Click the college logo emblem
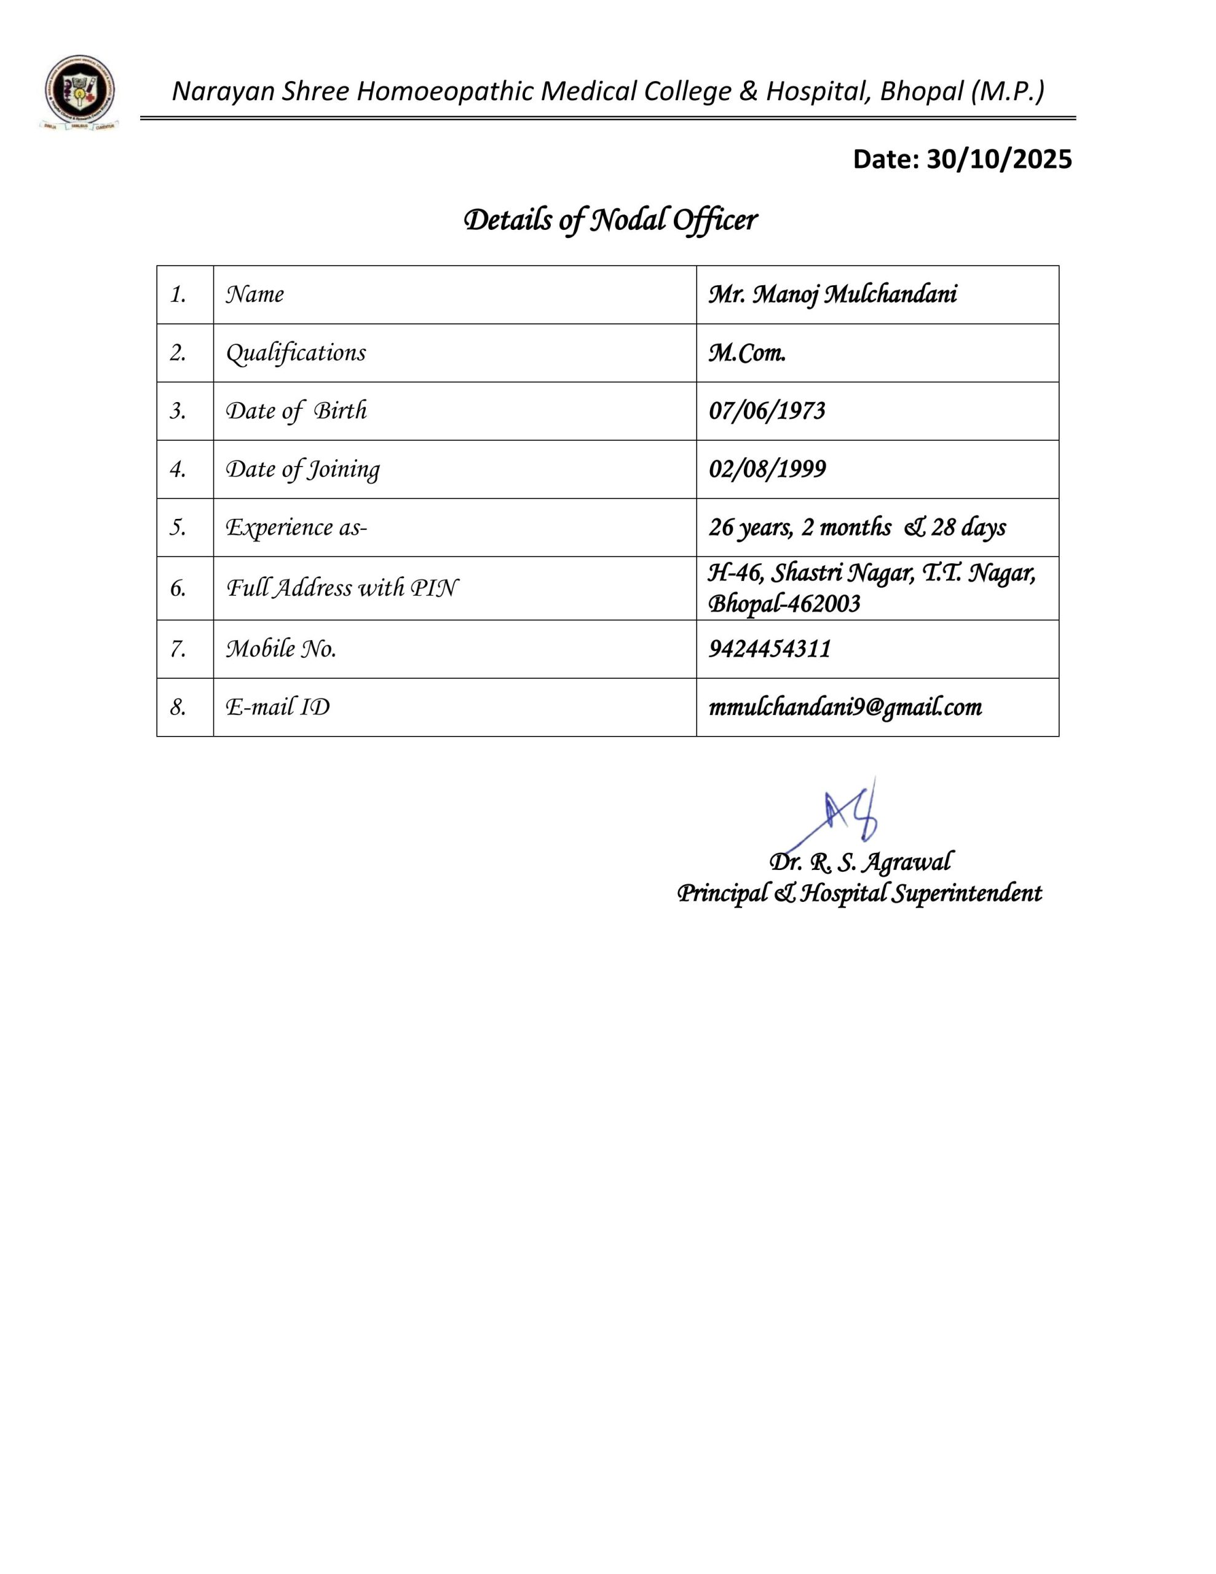coord(79,92)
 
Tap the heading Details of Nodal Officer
coord(610,220)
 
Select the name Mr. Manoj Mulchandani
coord(832,295)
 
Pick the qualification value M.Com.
coord(747,353)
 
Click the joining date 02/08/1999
coord(767,470)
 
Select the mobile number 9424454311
coord(770,649)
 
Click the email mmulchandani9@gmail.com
coord(845,708)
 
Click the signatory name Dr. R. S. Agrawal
coord(860,862)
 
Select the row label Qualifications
coord(296,353)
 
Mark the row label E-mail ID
coord(277,708)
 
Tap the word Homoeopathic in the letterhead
coord(446,92)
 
